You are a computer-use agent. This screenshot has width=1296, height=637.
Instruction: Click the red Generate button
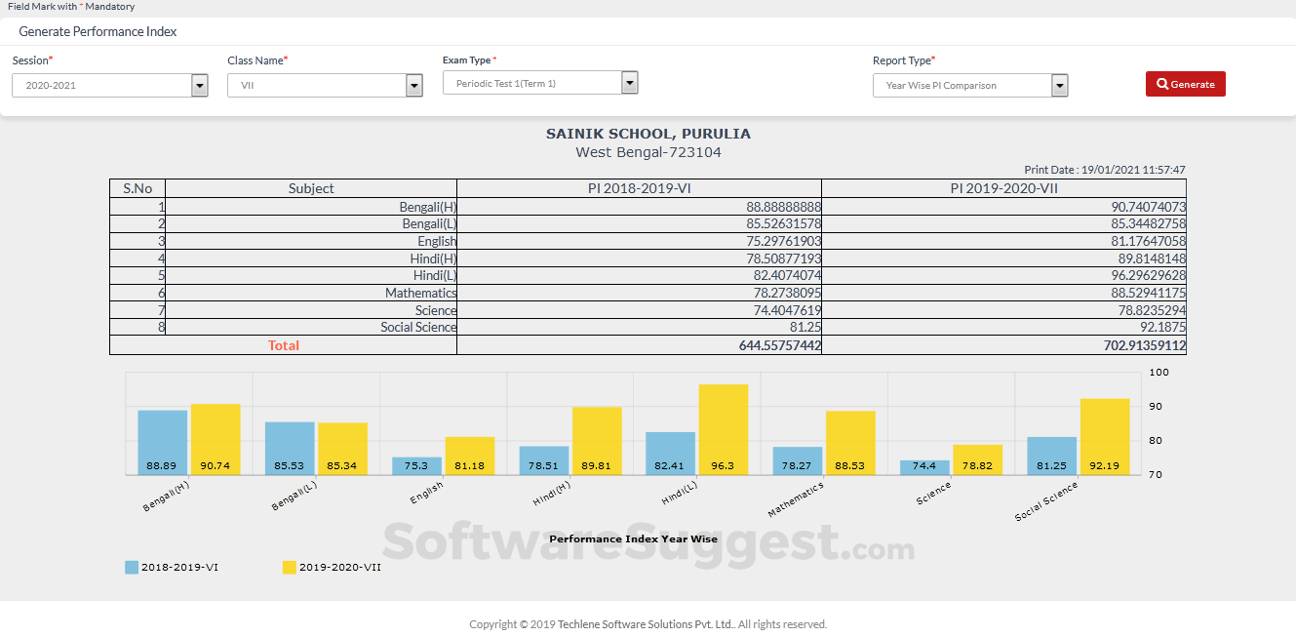click(1185, 84)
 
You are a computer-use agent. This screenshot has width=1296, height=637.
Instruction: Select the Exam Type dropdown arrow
click(629, 83)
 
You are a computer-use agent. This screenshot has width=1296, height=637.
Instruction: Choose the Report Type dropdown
click(969, 86)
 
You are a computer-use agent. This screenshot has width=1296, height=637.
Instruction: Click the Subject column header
click(311, 188)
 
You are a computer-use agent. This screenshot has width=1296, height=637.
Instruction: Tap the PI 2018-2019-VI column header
click(639, 188)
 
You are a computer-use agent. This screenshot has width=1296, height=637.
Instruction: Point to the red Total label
click(284, 345)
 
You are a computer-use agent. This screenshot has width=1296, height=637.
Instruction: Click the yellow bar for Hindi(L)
click(724, 429)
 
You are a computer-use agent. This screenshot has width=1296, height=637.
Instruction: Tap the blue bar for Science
click(924, 467)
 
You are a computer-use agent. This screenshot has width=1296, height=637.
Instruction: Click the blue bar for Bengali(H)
click(162, 442)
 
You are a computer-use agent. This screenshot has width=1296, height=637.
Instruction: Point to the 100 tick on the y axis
click(1159, 373)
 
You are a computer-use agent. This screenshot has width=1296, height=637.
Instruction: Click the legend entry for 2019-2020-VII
click(332, 567)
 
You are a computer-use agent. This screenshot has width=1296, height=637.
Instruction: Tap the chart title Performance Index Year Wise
click(633, 538)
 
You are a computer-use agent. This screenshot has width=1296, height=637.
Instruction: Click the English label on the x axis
click(426, 492)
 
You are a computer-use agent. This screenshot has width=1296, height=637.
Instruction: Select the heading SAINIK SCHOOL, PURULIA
click(648, 134)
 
